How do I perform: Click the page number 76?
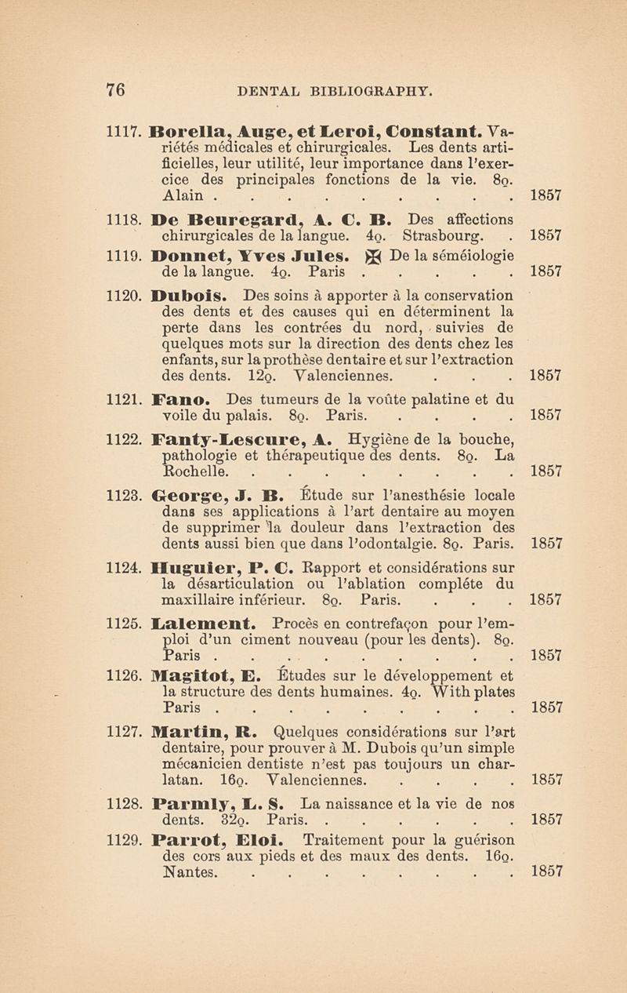click(115, 89)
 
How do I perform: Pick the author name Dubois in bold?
click(194, 296)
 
